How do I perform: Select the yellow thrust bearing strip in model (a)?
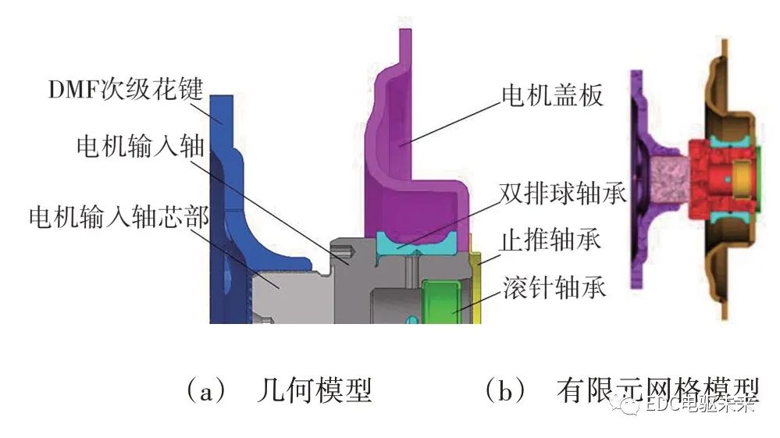pyautogui.click(x=479, y=289)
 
